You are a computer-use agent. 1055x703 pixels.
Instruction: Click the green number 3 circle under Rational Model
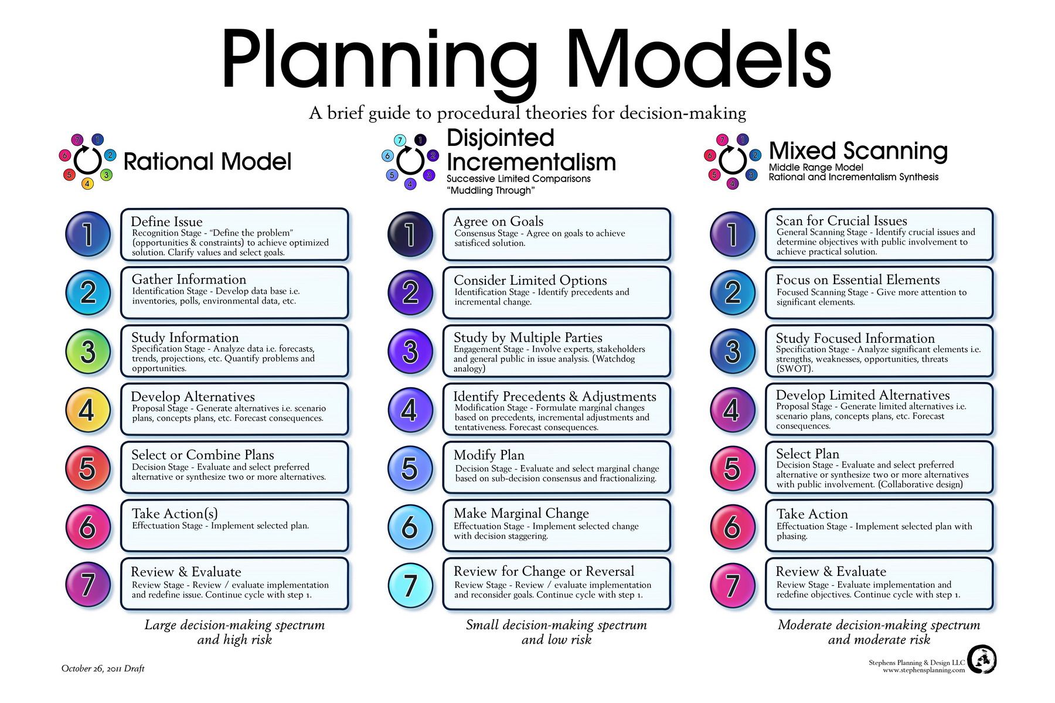(x=88, y=351)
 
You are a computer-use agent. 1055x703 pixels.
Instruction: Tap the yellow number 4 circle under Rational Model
(x=88, y=410)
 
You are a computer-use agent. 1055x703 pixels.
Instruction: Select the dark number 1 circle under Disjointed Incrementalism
(x=410, y=234)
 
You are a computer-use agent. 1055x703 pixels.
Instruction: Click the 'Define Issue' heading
(x=166, y=221)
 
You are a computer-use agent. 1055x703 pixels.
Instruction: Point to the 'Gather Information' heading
(x=189, y=279)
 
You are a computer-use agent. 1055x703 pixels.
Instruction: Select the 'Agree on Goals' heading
(x=498, y=221)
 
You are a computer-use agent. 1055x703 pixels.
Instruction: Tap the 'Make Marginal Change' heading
(x=521, y=513)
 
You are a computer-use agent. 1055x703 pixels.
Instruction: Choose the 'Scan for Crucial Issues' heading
(x=842, y=221)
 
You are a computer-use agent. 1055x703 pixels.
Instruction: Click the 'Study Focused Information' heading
(x=855, y=338)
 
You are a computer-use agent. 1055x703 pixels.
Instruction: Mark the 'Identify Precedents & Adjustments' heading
(x=554, y=397)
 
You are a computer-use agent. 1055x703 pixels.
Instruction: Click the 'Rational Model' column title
(x=207, y=162)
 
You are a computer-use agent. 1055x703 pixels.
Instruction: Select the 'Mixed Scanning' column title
(x=858, y=151)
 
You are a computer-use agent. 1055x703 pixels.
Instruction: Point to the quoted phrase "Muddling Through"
(x=491, y=190)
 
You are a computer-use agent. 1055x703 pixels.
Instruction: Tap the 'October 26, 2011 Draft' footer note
(x=103, y=668)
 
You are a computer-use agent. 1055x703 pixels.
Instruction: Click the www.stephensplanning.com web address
(x=924, y=670)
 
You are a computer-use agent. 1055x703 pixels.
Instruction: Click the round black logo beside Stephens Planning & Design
(x=982, y=660)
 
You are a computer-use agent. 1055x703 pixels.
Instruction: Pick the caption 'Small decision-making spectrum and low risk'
(x=556, y=632)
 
